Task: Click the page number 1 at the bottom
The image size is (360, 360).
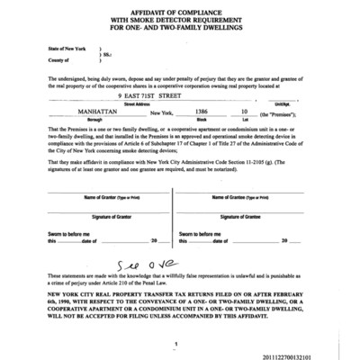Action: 179,344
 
